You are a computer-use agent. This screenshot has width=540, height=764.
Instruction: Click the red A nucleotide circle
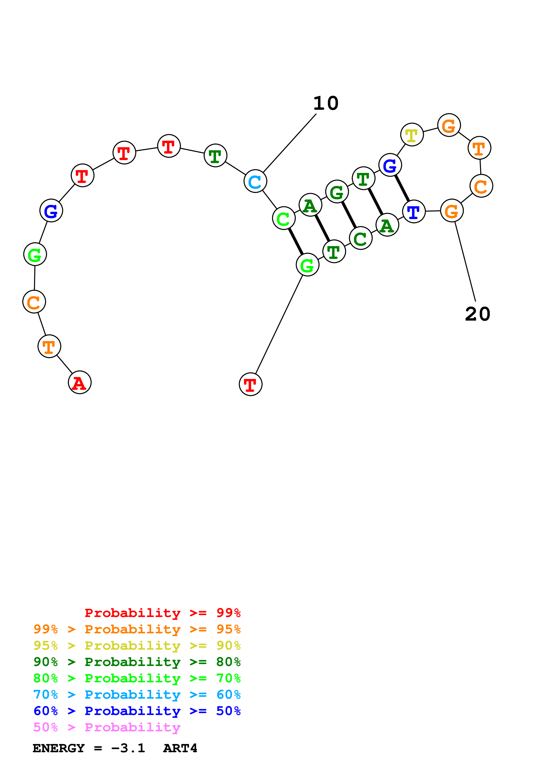[x=80, y=382]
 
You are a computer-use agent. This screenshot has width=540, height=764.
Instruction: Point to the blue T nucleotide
[x=414, y=212]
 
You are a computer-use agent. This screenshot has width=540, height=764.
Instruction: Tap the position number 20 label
[x=477, y=314]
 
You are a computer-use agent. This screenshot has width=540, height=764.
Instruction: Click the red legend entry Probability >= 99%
[x=162, y=613]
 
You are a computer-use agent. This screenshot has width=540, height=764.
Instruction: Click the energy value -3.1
[x=128, y=748]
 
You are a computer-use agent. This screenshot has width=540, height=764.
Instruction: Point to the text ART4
[x=180, y=748]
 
